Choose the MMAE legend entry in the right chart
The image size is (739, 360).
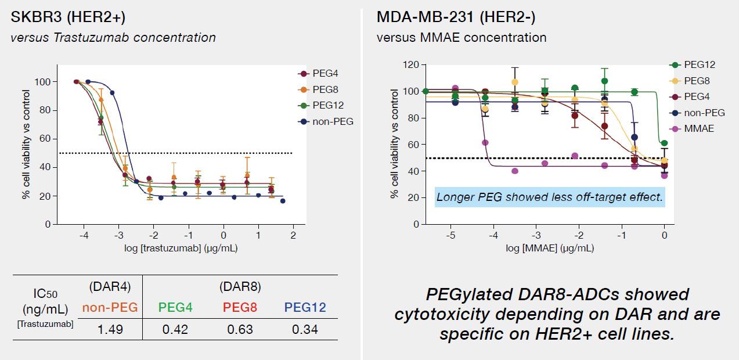coord(698,128)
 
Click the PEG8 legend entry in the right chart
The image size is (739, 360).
coord(697,81)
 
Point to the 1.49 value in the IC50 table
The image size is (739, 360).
coord(110,329)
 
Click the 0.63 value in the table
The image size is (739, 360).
coord(240,329)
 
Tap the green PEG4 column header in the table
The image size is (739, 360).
coord(175,307)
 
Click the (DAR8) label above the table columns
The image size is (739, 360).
coord(240,286)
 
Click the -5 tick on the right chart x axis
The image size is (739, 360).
coord(450,236)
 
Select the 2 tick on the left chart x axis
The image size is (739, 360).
coord(293,236)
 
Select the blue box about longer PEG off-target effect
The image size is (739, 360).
coord(549,197)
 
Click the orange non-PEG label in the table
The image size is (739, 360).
coord(110,307)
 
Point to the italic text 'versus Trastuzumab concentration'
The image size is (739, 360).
coord(113,38)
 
